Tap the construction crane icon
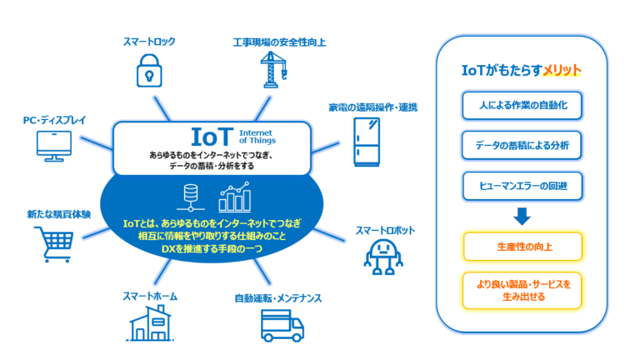[274, 68]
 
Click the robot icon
[383, 257]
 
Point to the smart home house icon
[154, 322]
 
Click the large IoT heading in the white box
[212, 136]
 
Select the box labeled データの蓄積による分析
[521, 145]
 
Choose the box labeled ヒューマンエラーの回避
[521, 185]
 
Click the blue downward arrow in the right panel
[522, 216]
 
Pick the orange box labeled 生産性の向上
[521, 247]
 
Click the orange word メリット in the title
[561, 72]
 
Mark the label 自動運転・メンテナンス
[277, 297]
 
